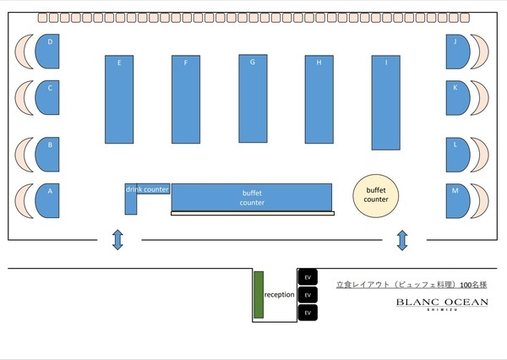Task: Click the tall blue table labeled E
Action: [x=119, y=100]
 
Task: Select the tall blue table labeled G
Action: [x=253, y=99]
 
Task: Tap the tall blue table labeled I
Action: [x=385, y=102]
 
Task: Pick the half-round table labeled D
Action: [x=47, y=52]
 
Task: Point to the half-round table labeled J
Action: [x=457, y=52]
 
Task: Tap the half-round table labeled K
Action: [x=457, y=98]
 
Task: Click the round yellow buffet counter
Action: [x=376, y=195]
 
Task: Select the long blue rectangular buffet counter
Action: [x=252, y=198]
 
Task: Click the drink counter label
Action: [x=148, y=189]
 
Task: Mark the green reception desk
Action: [x=259, y=295]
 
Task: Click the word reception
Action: [x=279, y=295]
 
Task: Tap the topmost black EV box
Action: [x=308, y=276]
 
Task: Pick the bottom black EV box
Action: [x=308, y=313]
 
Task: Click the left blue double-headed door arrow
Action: [x=117, y=241]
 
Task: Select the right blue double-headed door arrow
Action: [x=402, y=241]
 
